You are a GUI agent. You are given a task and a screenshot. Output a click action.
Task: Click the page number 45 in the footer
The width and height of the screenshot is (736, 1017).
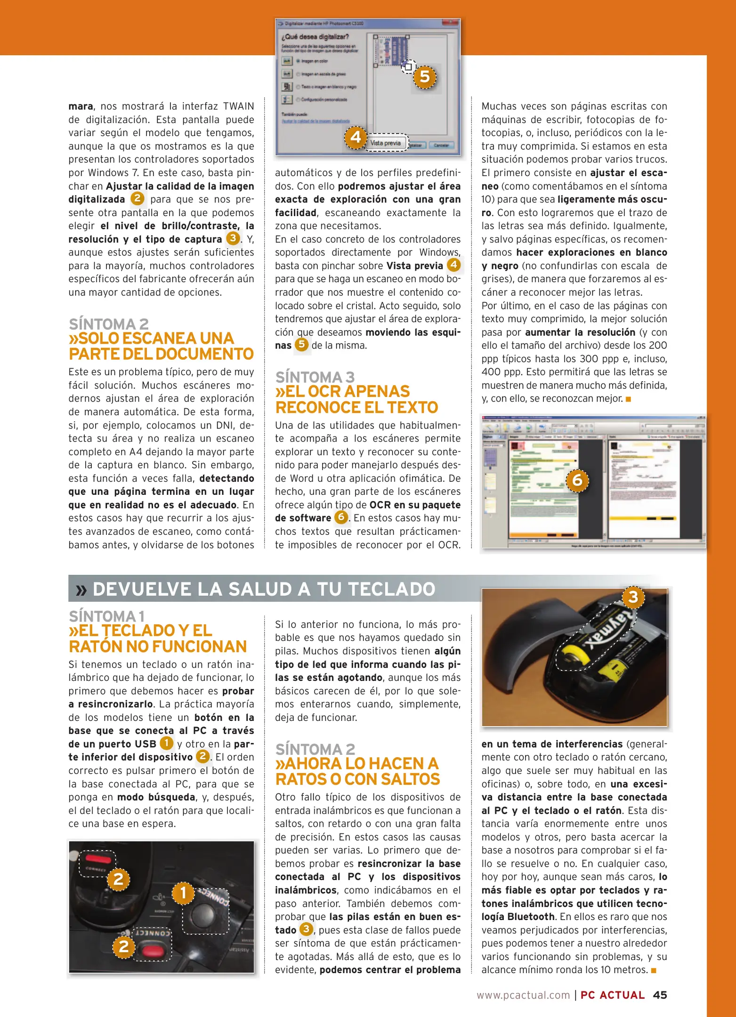660,995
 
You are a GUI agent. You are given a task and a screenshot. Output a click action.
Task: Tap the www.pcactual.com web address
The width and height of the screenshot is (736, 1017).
523,995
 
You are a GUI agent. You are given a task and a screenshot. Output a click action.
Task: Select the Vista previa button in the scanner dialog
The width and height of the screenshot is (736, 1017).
385,143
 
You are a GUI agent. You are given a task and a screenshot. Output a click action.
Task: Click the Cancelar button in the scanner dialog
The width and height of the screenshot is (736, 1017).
441,145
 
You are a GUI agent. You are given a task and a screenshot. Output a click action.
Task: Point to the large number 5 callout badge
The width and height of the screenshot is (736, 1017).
425,77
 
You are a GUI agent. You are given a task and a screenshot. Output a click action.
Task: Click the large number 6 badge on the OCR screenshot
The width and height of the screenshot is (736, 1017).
577,480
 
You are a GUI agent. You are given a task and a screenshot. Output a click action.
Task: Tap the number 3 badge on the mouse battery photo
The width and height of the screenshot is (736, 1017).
633,597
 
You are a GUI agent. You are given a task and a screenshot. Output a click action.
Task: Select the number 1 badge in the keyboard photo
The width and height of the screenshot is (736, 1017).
183,893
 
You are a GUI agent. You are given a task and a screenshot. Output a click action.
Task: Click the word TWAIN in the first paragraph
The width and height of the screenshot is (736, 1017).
238,106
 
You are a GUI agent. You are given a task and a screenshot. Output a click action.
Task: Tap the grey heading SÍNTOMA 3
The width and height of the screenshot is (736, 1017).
315,377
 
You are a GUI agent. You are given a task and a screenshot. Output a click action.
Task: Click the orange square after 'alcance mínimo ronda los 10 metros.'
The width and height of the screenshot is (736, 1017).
654,970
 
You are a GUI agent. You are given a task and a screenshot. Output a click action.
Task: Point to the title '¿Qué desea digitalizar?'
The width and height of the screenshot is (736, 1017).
315,37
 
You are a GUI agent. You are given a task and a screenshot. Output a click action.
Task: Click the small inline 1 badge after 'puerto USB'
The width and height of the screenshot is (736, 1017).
167,743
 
